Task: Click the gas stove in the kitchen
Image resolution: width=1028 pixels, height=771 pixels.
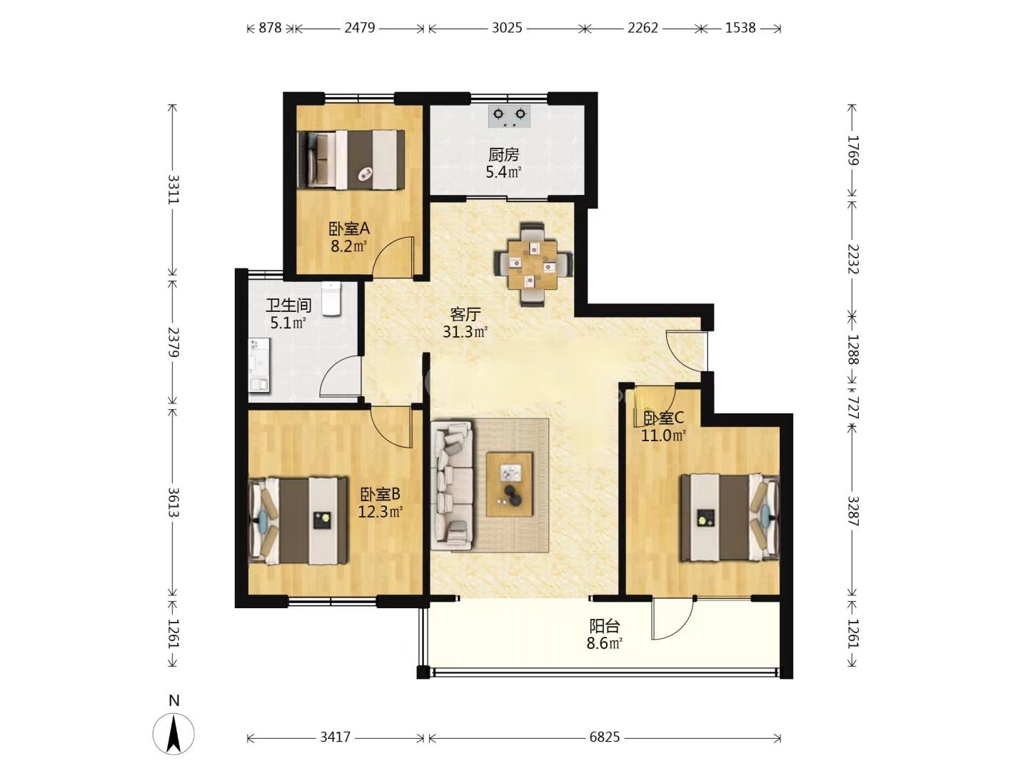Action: pos(510,116)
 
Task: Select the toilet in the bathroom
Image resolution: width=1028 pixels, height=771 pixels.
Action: pos(332,299)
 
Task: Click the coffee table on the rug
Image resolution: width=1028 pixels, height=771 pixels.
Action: pos(510,484)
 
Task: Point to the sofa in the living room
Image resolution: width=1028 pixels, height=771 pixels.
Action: pos(453,484)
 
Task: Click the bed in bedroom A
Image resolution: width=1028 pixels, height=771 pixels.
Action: pos(351,160)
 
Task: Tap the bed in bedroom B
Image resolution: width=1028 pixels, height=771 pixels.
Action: pos(298,520)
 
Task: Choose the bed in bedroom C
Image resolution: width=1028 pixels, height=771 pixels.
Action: pos(730,518)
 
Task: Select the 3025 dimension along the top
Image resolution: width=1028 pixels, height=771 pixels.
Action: pos(507,28)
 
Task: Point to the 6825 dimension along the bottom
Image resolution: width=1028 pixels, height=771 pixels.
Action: pos(604,738)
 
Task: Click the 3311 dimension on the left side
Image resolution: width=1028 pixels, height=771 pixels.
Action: pos(173,189)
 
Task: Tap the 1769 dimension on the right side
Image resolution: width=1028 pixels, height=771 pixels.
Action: pos(852,150)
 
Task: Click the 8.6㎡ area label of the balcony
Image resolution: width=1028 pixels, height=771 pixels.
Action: pos(604,644)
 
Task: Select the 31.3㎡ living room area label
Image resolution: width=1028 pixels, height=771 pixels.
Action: pos(465,332)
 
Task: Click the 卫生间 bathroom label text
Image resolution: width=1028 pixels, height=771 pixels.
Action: pos(288,306)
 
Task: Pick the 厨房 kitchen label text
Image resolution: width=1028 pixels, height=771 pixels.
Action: pos(503,154)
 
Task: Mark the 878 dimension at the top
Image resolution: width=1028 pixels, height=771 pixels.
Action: pos(271,28)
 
